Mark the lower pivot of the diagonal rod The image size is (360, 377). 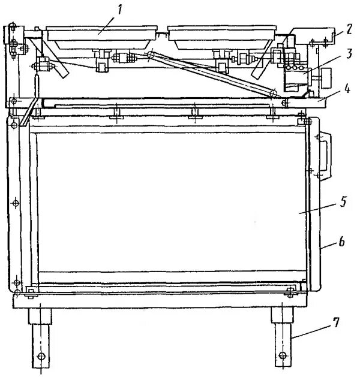point(273,94)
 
